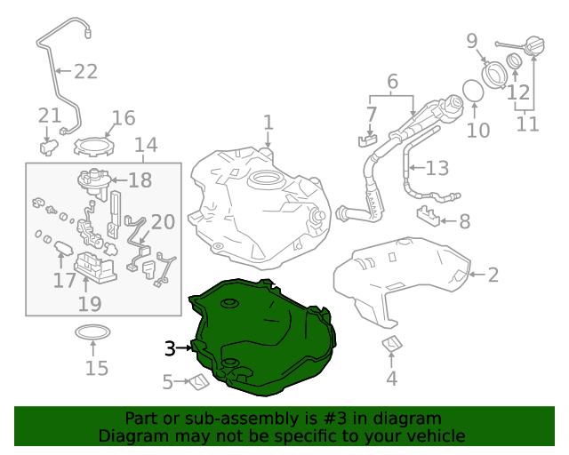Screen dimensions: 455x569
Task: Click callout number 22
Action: (85, 71)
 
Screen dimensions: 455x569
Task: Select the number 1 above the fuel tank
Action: (268, 122)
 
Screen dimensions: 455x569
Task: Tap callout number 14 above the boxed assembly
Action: (145, 145)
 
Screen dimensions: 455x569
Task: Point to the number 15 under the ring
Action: (96, 368)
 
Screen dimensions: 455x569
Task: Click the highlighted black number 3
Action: (170, 348)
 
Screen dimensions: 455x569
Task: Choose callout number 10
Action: (478, 131)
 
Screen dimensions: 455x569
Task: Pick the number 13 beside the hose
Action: (437, 167)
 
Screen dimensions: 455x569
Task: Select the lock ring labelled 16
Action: (91, 141)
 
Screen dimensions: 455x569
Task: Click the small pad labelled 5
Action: (197, 382)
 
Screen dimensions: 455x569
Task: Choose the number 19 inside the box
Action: (90, 305)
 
